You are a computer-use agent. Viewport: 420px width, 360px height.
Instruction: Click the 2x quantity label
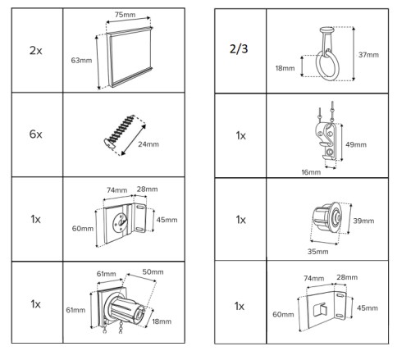point(35,51)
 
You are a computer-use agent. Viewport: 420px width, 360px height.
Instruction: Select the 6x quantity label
point(35,134)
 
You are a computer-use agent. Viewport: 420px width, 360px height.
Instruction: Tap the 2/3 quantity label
point(239,49)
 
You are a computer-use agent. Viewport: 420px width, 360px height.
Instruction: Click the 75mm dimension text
point(125,15)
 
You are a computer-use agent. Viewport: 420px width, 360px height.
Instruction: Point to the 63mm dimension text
point(81,60)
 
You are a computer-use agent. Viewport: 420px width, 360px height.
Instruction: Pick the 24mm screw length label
point(148,144)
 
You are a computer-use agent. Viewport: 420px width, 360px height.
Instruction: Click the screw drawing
point(120,131)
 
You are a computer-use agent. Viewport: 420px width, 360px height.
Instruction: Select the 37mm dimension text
point(368,55)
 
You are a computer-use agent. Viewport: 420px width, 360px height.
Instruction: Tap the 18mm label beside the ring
point(285,68)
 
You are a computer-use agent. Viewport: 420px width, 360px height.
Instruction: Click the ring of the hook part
point(317,66)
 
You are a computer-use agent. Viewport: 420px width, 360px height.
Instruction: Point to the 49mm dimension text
point(356,144)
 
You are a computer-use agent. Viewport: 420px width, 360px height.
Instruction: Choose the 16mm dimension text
point(311,172)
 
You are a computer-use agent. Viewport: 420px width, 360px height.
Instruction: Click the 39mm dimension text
point(363,221)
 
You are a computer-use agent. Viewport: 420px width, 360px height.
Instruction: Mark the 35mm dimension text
point(317,252)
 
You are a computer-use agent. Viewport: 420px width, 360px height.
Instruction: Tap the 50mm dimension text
point(153,272)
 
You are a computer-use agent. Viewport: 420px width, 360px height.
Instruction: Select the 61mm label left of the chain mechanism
point(75,310)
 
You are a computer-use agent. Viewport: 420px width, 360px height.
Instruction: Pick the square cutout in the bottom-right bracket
point(320,310)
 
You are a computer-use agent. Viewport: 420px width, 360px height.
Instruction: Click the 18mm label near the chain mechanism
point(162,321)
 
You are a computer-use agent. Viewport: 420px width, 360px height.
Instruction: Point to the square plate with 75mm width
point(130,57)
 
